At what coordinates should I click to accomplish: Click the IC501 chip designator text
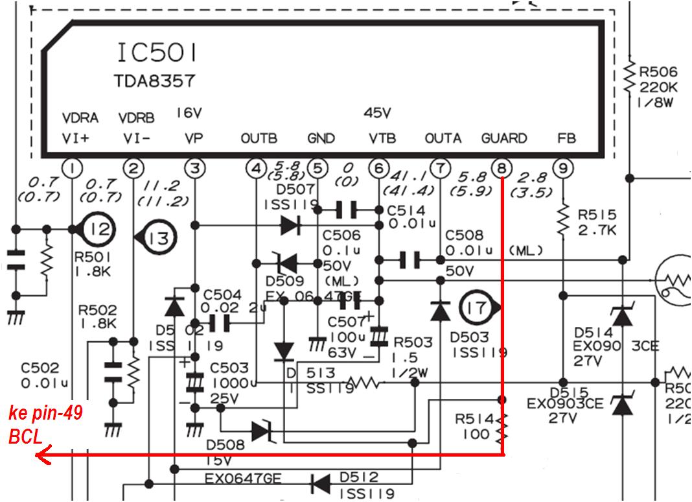tap(157, 51)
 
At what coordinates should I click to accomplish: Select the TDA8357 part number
tap(155, 82)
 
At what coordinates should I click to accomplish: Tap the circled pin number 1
tap(72, 169)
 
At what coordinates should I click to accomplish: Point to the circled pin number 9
tap(563, 169)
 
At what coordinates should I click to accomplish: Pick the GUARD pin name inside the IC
tap(504, 138)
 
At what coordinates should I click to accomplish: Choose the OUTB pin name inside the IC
tap(259, 138)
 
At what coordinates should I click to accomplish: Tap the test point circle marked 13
tap(156, 238)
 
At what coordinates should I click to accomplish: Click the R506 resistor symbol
tap(629, 77)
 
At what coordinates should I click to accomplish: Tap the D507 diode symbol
tap(290, 226)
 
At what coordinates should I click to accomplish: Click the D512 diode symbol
tap(319, 483)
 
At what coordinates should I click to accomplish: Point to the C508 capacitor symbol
tap(409, 261)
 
